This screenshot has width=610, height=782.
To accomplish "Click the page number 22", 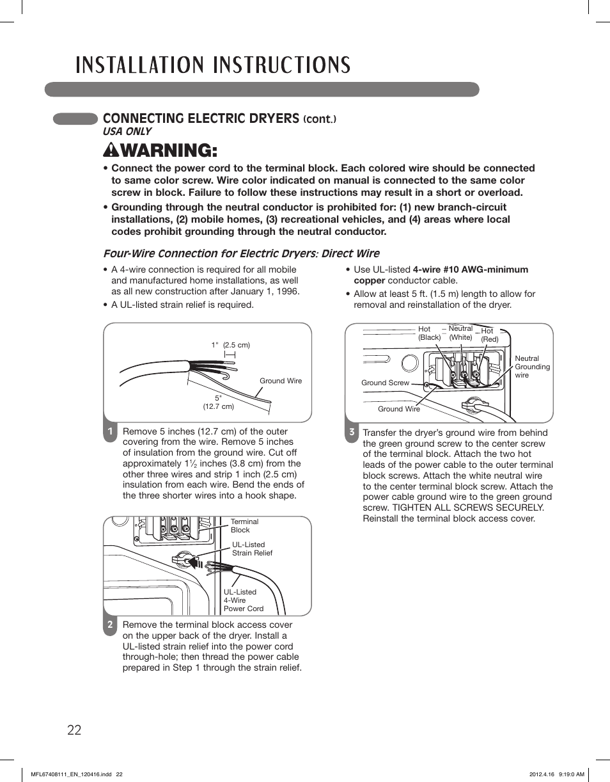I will tap(74, 730).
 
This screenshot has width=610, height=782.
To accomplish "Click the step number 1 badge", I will tap(110, 432).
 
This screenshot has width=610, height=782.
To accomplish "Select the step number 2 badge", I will tap(110, 625).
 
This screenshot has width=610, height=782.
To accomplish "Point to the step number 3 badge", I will tap(352, 433).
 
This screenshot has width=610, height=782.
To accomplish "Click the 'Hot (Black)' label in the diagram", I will tap(428, 333).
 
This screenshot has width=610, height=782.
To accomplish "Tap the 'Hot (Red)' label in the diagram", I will tap(489, 335).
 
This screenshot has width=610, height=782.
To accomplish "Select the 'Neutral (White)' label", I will tap(460, 333).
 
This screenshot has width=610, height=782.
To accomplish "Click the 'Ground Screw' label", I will tap(385, 383).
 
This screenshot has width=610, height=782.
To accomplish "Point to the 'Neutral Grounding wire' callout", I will tap(532, 367).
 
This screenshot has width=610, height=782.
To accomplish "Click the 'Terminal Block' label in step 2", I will tap(244, 525).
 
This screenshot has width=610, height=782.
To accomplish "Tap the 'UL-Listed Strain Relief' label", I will tap(252, 549).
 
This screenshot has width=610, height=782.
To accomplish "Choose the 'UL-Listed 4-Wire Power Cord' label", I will tap(243, 600).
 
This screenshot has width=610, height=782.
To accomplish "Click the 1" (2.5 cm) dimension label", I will tap(230, 345).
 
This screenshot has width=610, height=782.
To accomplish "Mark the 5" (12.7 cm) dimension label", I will tap(218, 402).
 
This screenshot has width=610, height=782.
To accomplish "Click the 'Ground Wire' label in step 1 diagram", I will tap(280, 381).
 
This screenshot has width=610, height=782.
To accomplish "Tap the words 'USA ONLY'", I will tap(127, 131).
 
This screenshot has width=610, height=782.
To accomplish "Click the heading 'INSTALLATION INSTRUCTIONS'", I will tap(213, 65).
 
